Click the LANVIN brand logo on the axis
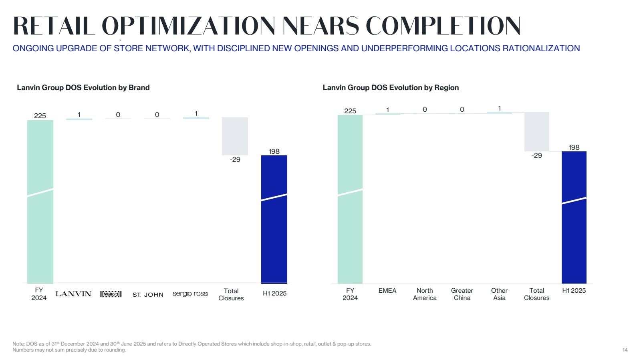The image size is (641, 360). (73, 294)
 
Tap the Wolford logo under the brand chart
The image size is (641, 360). (111, 294)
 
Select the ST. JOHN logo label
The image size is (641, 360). (148, 295)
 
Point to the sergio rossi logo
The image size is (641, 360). (190, 294)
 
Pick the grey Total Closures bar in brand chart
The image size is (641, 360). (235, 136)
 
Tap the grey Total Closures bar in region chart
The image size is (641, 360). (536, 131)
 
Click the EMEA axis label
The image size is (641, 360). (387, 291)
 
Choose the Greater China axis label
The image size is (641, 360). (462, 294)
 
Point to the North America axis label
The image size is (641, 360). (425, 294)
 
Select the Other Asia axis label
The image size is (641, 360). (499, 294)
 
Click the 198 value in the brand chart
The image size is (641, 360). (274, 151)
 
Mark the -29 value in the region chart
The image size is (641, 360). (536, 155)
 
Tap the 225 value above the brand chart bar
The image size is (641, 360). (40, 116)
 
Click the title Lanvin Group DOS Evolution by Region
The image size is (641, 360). (391, 88)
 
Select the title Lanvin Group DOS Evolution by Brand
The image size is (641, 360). (83, 88)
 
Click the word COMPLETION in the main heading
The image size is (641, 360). (443, 26)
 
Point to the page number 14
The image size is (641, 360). (625, 350)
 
